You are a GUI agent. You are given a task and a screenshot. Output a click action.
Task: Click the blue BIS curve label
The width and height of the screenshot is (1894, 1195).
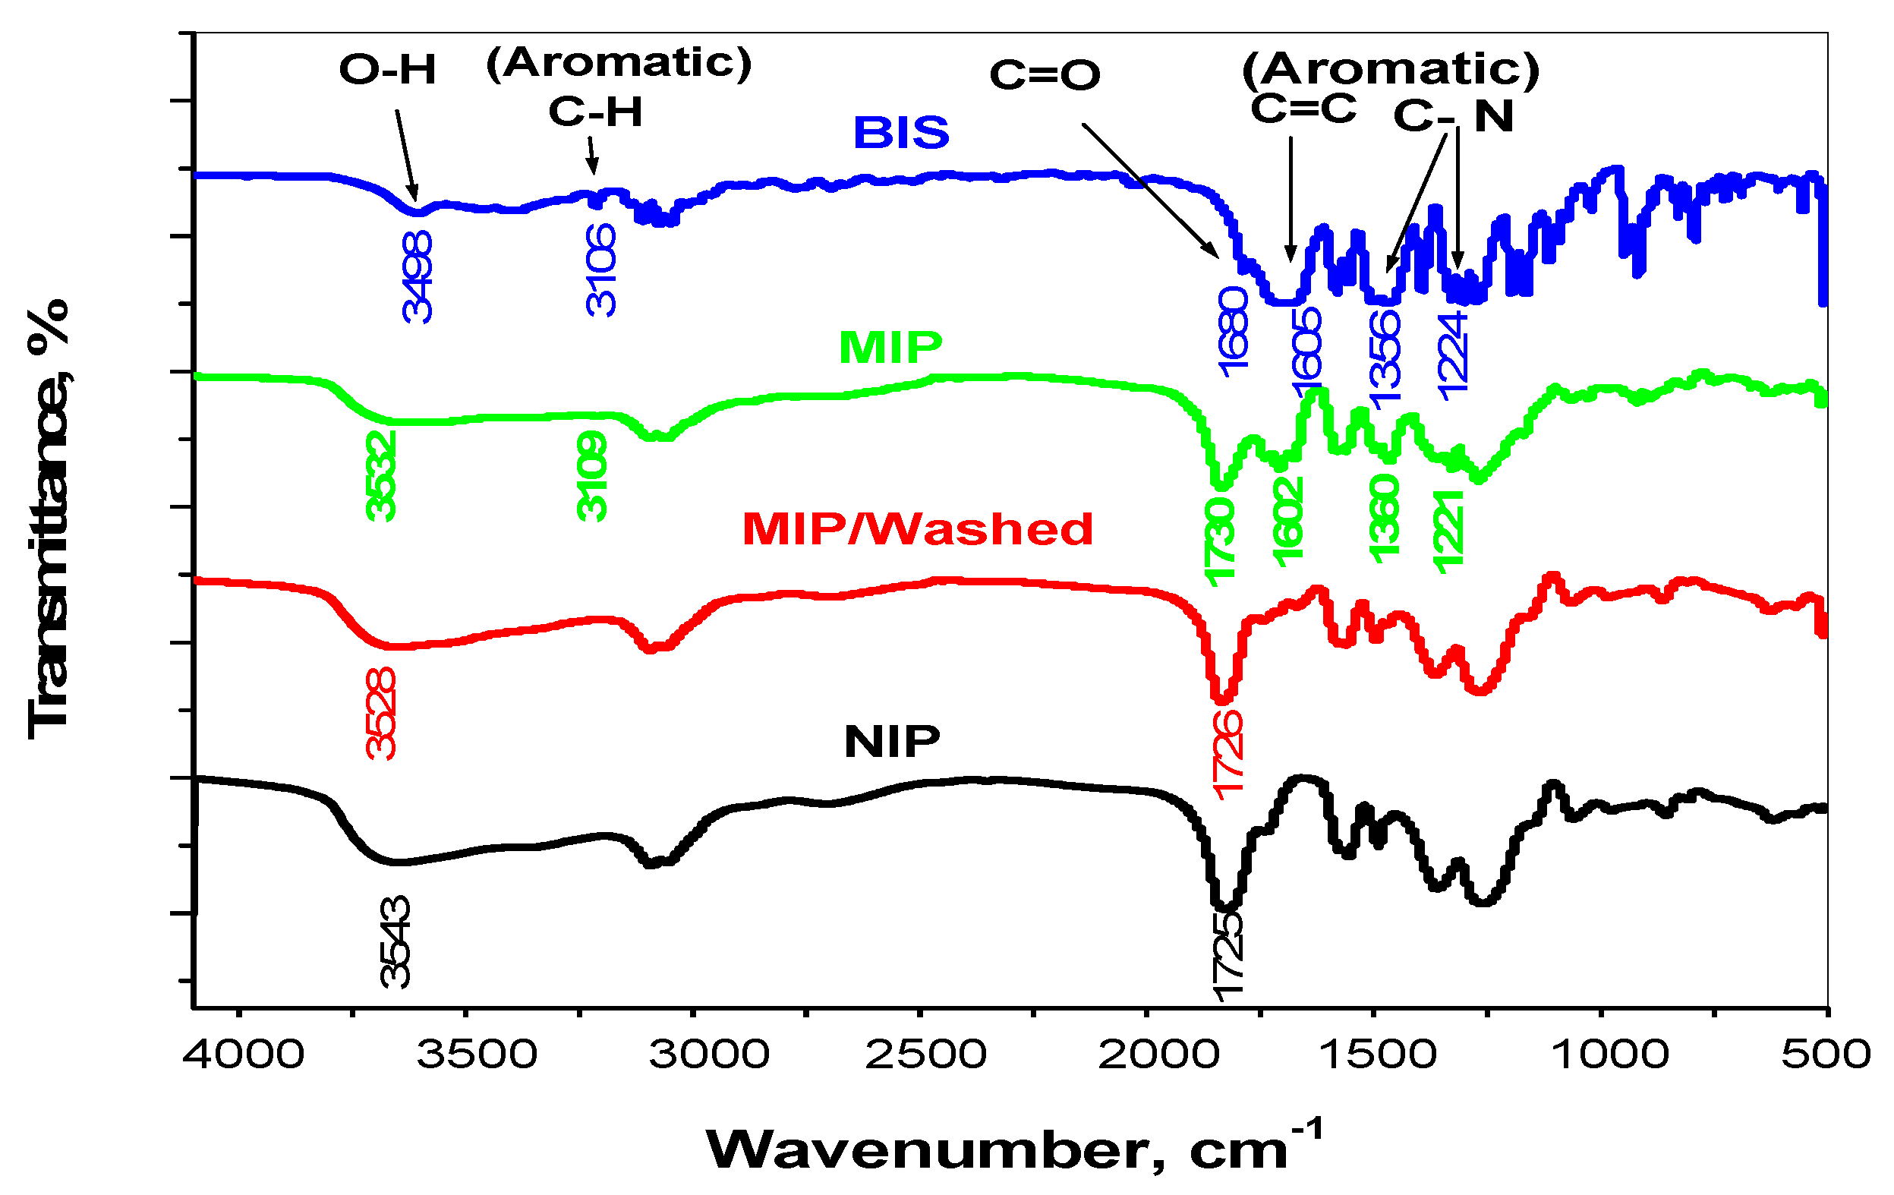coord(901,132)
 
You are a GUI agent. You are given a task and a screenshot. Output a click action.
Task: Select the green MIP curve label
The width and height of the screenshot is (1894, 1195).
coord(890,347)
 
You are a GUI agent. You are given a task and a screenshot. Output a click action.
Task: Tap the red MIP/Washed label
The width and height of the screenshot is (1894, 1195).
coord(918,528)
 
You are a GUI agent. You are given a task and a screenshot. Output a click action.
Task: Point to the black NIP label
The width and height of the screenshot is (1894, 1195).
coord(892,741)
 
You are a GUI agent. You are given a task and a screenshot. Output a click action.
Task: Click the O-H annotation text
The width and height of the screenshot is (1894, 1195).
coord(387,69)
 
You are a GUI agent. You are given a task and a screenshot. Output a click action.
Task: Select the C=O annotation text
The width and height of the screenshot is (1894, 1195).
coord(1045,74)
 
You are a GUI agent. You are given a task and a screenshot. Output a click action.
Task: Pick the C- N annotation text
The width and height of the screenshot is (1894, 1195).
coord(1454,115)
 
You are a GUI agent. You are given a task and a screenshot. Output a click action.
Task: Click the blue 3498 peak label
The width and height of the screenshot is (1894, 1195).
coord(417,277)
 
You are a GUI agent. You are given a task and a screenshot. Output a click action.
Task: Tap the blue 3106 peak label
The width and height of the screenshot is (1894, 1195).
coord(602,270)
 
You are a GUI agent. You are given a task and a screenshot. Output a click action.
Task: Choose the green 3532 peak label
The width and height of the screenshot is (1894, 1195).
coord(382,475)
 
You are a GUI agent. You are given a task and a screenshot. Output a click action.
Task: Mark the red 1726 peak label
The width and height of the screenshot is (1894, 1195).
coord(1227,755)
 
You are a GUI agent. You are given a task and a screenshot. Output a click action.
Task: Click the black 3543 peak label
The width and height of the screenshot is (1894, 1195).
coord(395,941)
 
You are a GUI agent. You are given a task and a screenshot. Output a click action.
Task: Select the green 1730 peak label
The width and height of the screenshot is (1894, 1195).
coord(1220,541)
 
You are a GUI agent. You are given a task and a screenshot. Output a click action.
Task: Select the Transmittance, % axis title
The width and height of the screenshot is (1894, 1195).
coord(49,519)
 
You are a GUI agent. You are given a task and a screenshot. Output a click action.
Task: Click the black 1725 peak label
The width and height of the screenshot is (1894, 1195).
coord(1227,956)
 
